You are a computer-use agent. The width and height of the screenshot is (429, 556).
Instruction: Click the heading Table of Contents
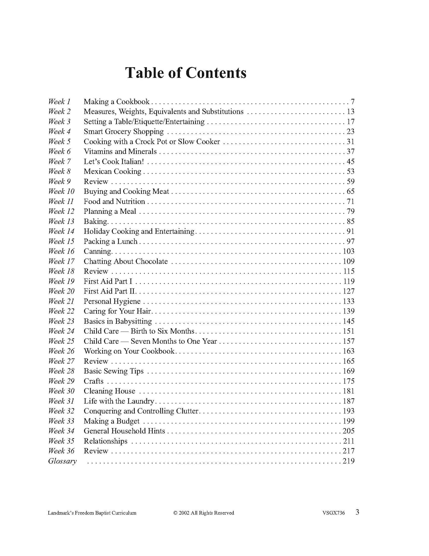186,73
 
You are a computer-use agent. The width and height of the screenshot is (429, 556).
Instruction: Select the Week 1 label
59,102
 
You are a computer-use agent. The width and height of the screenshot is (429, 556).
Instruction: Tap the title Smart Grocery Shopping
124,131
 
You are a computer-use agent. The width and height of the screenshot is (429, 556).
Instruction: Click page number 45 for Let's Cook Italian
350,161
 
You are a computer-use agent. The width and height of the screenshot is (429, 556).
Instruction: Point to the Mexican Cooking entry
113,172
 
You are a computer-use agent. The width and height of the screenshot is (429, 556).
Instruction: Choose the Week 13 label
61,222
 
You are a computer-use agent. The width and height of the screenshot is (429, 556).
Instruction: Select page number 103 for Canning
349,252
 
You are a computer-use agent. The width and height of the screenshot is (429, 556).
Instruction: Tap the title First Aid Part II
110,291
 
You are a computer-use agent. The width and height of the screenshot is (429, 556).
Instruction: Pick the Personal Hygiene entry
112,301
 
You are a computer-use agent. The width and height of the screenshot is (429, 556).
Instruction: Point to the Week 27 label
61,361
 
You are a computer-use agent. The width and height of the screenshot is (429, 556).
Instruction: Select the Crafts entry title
94,381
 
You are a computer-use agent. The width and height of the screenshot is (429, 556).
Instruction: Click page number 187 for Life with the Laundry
349,401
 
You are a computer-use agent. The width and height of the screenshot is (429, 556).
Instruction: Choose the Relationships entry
105,441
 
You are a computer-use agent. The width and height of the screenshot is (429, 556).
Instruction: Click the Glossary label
62,461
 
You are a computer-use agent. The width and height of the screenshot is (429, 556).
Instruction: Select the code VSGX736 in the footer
333,513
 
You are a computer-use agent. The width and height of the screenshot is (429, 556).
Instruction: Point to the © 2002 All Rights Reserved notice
204,513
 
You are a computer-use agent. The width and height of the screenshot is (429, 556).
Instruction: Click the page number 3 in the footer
357,512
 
